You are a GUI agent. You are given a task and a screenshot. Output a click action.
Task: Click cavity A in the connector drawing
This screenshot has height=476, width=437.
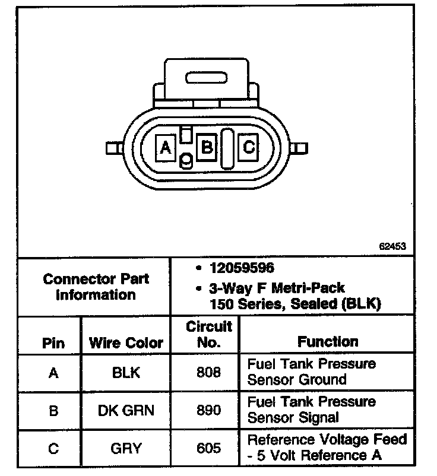point(166,147)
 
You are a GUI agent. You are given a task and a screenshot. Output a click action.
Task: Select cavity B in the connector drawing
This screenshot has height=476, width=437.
point(207,145)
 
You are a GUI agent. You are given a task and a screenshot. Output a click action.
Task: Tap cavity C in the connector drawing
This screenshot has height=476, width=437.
point(249,145)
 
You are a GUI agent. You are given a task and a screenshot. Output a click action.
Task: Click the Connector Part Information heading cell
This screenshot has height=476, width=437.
point(96,287)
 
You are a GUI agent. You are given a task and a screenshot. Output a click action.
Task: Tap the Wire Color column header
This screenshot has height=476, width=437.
point(125,342)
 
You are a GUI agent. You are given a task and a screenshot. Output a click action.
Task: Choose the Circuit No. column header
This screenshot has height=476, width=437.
point(208,334)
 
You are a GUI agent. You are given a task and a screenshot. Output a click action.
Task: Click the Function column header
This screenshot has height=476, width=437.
point(328,341)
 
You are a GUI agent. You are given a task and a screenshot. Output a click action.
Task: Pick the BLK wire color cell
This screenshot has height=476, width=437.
point(126,373)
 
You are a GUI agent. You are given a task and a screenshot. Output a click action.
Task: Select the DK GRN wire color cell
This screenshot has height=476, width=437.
point(126,410)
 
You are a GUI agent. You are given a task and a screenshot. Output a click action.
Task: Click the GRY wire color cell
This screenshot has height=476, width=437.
point(126,448)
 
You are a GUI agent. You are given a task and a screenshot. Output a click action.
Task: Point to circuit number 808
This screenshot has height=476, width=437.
point(208,373)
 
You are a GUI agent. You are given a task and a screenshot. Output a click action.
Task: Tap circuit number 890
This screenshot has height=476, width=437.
point(208,410)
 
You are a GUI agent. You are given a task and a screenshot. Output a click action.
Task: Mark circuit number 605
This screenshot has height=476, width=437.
point(208,448)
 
